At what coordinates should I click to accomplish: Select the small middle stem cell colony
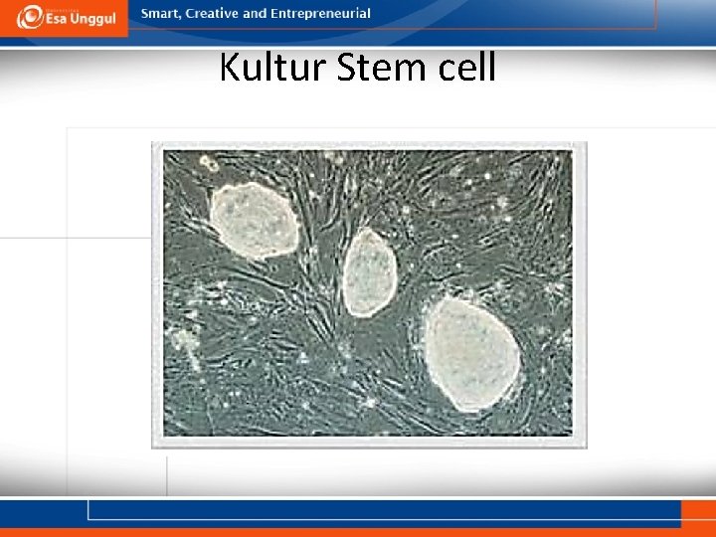point(370,271)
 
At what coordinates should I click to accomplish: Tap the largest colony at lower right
point(471,354)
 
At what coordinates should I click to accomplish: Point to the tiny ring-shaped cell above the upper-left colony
point(209,162)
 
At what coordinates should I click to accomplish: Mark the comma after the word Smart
point(181,17)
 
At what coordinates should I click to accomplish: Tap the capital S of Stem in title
point(348,68)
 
